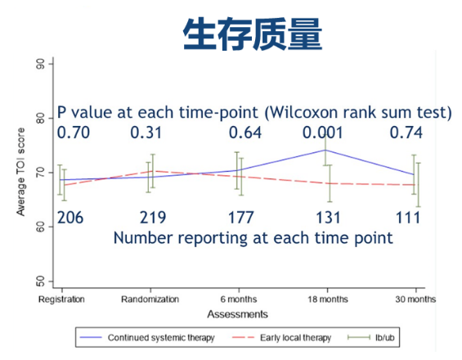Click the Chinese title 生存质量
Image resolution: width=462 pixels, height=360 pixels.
click(253, 34)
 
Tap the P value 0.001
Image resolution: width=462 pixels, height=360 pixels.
click(323, 133)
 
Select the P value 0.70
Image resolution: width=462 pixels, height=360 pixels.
click(74, 133)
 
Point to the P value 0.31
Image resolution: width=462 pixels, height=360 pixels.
click(146, 133)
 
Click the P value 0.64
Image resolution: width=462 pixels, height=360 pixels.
click(245, 133)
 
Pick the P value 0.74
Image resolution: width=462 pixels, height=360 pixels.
click(406, 133)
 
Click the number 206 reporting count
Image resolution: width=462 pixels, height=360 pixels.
click(70, 218)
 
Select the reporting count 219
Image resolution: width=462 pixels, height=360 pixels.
click(153, 218)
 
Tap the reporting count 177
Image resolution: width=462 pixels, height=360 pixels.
click(240, 218)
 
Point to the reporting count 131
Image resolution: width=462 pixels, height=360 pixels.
click(328, 218)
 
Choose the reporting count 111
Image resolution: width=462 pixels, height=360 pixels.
click(408, 218)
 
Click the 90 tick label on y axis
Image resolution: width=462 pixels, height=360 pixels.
click(40, 64)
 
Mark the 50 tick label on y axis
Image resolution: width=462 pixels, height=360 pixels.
click(40, 281)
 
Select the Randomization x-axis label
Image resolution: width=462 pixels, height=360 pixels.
click(150, 299)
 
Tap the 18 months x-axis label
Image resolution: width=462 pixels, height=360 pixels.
click(328, 299)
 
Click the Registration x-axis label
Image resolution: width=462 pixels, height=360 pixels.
click(61, 299)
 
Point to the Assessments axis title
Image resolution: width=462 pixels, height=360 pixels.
click(237, 314)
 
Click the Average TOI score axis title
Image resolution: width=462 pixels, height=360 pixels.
click(20, 172)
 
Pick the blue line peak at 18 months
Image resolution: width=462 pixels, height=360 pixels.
click(325, 150)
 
